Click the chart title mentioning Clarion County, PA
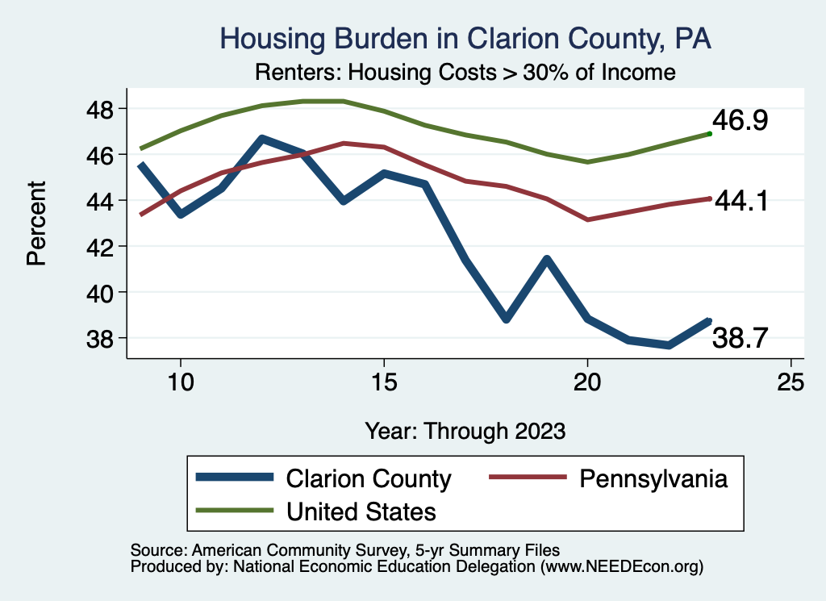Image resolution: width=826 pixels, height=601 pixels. pyautogui.click(x=465, y=39)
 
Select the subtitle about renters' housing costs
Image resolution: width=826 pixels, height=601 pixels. pyautogui.click(x=465, y=72)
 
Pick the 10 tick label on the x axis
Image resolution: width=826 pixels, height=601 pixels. pyautogui.click(x=180, y=382)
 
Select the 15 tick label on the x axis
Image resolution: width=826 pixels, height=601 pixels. pyautogui.click(x=384, y=382)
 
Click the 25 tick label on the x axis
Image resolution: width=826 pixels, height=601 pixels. pyautogui.click(x=791, y=382)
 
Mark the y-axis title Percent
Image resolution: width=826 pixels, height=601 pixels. pyautogui.click(x=35, y=223)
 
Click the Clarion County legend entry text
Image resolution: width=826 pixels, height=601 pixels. pyautogui.click(x=369, y=479)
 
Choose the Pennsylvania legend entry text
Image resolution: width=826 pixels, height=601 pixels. pyautogui.click(x=653, y=479)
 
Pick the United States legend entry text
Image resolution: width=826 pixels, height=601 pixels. pyautogui.click(x=361, y=511)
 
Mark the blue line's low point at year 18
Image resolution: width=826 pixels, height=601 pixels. pyautogui.click(x=506, y=319)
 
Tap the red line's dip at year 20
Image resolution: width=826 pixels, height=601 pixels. pyautogui.click(x=587, y=219)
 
